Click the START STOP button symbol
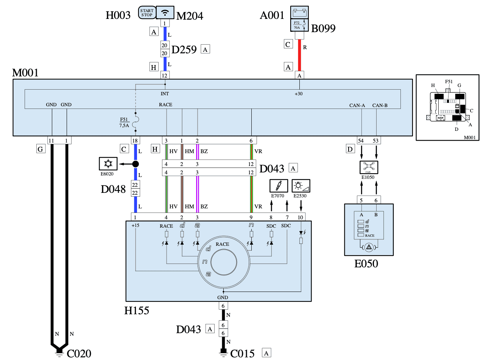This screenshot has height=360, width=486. point(147,12)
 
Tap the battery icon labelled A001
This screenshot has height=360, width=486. point(299,12)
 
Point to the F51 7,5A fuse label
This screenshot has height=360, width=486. point(124,123)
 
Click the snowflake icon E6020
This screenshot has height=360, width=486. point(108,164)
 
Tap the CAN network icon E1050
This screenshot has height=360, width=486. point(369,167)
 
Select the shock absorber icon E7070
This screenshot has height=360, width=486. point(279,186)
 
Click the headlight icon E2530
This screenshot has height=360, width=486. point(301,186)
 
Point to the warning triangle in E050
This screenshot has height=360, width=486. point(369,247)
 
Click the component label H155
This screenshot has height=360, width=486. point(137,310)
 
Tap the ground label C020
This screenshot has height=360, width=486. point(79,354)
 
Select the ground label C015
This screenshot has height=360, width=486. point(242,354)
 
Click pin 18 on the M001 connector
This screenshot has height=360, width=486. point(135,141)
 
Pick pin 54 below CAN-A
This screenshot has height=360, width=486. point(361,141)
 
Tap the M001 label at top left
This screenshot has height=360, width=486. point(25,73)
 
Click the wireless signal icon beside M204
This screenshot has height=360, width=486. point(165,12)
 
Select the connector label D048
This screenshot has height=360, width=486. point(113,189)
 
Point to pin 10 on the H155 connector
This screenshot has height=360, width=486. point(300,217)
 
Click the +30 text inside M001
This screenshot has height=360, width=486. point(298,94)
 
